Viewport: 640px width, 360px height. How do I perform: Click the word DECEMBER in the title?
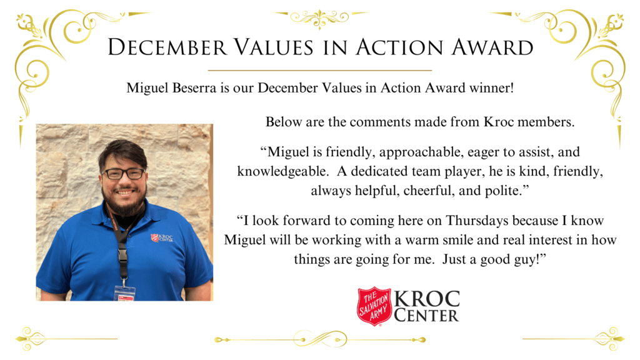point(167,47)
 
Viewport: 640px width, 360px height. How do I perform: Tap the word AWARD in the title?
point(492,47)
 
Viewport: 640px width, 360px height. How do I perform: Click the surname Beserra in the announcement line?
point(194,87)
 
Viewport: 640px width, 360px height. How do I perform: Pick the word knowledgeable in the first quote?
point(282,171)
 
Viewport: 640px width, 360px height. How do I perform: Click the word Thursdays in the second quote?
point(477,221)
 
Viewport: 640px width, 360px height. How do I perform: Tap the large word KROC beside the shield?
point(427,299)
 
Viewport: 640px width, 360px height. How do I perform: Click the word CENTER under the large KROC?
point(426,316)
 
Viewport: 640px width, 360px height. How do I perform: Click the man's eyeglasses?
point(123,174)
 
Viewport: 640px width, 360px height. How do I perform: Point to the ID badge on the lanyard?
point(125,294)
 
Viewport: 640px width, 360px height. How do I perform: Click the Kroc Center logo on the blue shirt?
point(162,237)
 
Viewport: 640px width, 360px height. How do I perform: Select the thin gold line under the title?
point(320,71)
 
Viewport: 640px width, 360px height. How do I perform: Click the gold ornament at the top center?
point(319,17)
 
